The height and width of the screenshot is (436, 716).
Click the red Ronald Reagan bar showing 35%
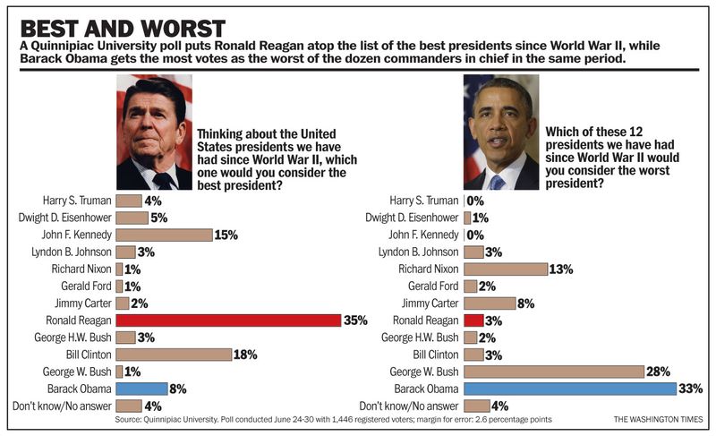(228, 320)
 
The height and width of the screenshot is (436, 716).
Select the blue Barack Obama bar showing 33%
(569, 389)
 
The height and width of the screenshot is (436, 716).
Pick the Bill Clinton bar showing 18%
(174, 355)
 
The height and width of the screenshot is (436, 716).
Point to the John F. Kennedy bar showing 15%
(164, 235)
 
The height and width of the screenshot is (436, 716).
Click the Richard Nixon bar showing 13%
(506, 269)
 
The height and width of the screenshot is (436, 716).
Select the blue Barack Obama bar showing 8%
(141, 389)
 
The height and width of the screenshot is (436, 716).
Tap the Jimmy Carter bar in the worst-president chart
(490, 303)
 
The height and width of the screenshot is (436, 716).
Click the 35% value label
(355, 321)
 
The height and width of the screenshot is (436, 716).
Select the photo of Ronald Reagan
(154, 131)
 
